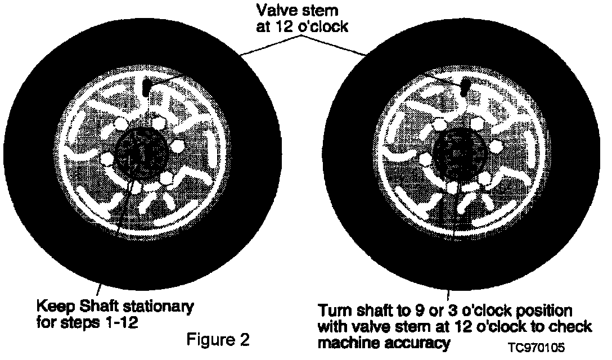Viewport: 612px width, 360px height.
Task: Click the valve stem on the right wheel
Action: tap(466, 86)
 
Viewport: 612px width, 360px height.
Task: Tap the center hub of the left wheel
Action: tap(139, 153)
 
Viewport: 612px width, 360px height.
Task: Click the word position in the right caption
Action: tap(536, 311)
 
